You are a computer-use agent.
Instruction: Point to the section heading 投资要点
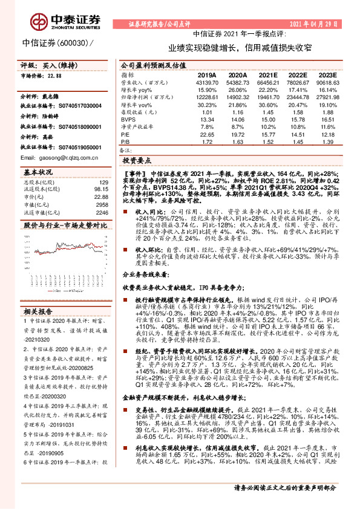tap(137, 162)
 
